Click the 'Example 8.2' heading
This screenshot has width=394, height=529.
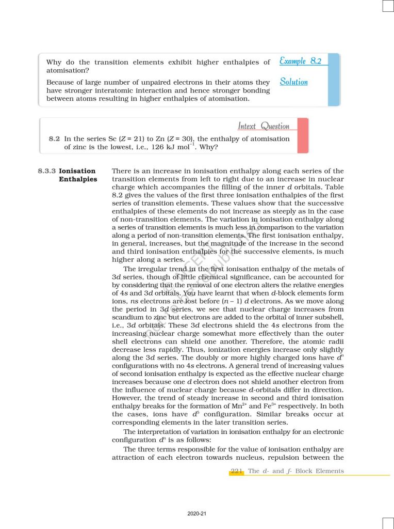click(x=300, y=61)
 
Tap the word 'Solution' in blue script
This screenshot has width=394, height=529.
click(x=293, y=82)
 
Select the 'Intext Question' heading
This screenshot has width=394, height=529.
click(x=264, y=126)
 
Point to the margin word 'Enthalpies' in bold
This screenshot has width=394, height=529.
click(x=78, y=179)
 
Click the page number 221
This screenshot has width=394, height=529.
click(x=237, y=471)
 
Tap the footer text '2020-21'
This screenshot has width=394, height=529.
click(x=197, y=514)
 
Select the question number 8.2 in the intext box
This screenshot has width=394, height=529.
click(x=54, y=139)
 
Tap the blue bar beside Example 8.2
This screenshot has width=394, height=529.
click(x=334, y=79)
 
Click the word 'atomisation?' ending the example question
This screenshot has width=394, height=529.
click(x=68, y=70)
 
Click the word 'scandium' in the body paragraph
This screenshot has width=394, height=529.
click(x=127, y=316)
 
